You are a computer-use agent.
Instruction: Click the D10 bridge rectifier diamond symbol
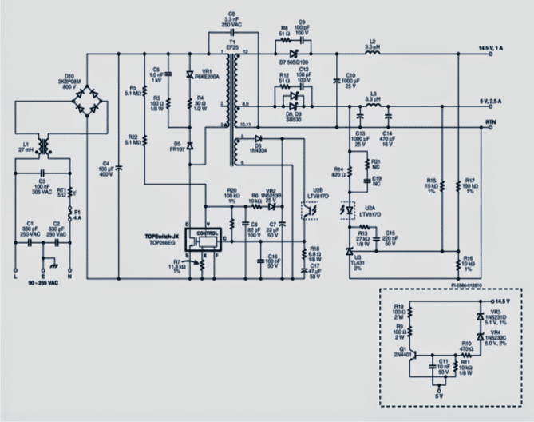tap(88, 102)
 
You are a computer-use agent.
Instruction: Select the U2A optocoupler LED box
tap(347, 209)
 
